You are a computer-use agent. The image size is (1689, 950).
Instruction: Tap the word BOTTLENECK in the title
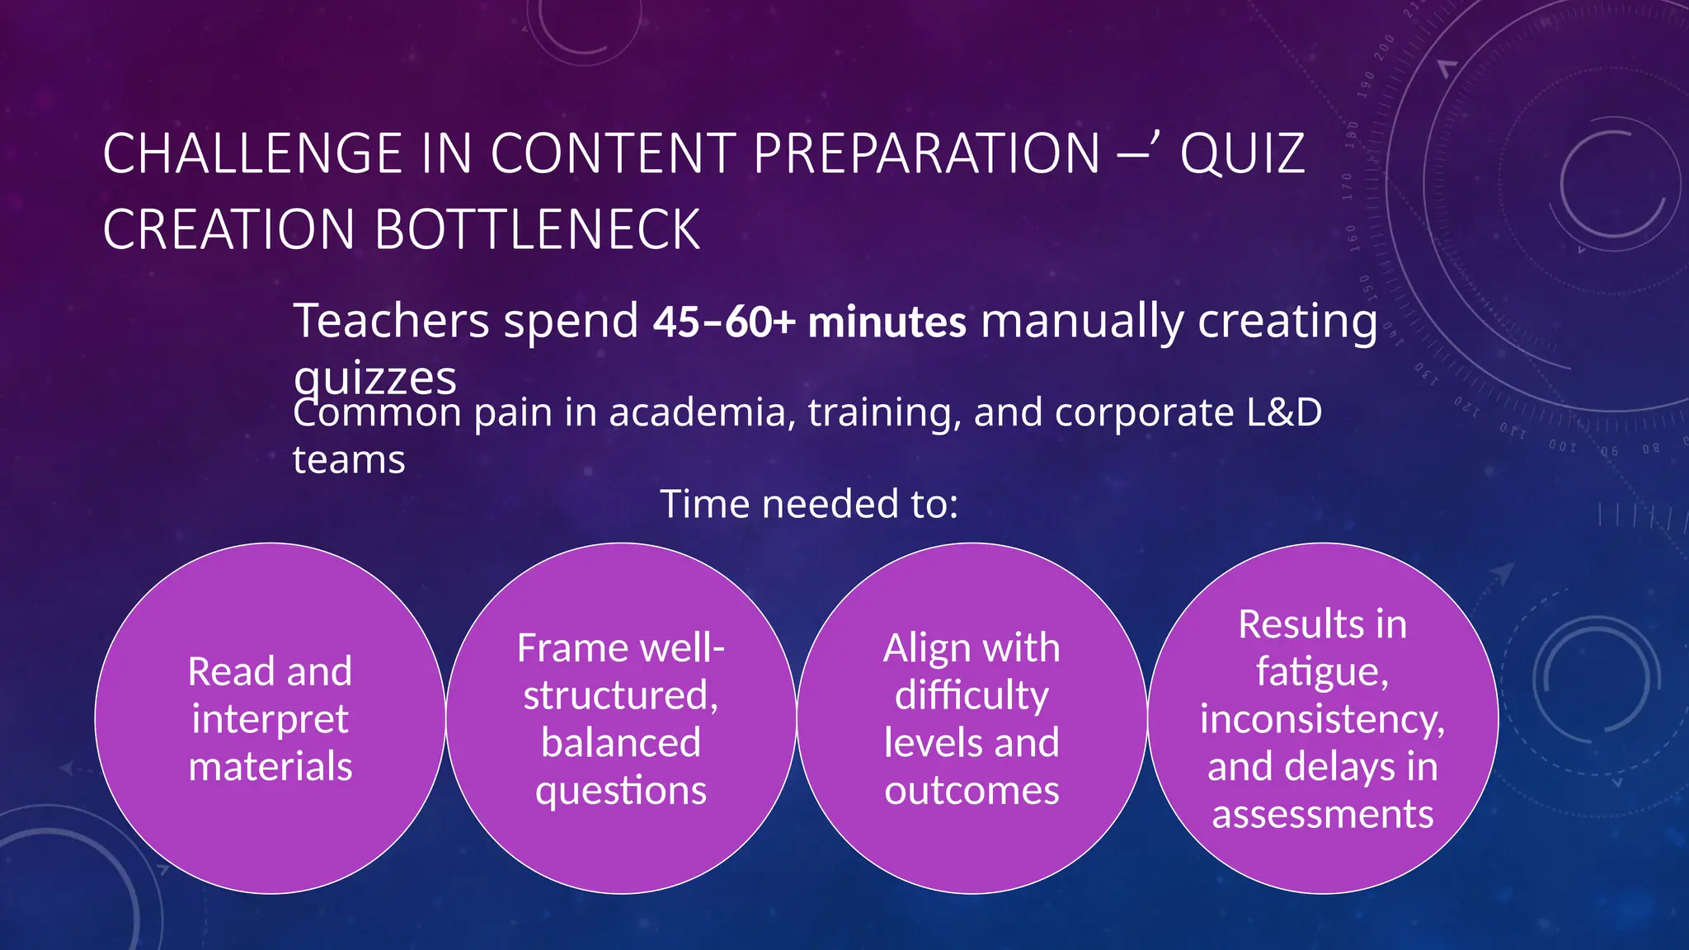pos(537,230)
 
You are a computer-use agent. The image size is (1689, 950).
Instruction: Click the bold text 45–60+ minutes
pos(809,322)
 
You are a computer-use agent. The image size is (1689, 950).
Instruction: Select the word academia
pos(702,412)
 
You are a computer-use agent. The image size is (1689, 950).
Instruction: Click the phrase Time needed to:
pos(809,504)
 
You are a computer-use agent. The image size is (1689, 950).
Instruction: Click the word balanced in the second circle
pos(621,742)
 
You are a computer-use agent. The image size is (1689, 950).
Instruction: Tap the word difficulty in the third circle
pos(972,695)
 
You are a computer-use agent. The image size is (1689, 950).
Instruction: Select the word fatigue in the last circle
pos(1322,671)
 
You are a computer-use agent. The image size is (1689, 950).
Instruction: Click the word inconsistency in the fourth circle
pos(1322,719)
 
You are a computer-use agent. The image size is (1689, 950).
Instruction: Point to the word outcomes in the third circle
pos(972,791)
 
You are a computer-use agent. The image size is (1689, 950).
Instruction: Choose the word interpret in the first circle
pos(270,719)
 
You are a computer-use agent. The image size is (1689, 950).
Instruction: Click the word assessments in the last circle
pos(1322,815)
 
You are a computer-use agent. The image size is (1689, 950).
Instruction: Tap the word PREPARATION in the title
pos(926,154)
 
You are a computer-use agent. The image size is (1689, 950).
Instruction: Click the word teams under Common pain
pos(349,460)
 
